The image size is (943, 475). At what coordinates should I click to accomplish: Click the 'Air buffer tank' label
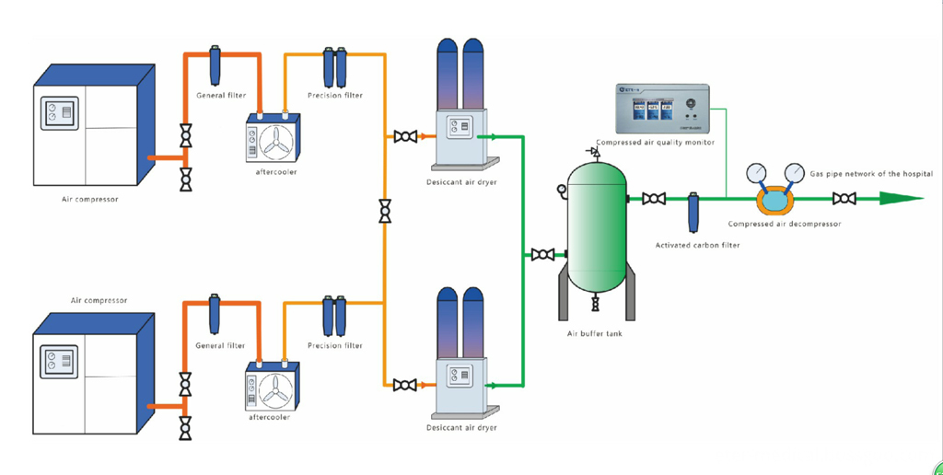pyautogui.click(x=594, y=333)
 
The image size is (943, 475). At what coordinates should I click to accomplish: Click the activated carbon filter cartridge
pyautogui.click(x=693, y=211)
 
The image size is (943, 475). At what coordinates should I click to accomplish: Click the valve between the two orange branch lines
pyautogui.click(x=383, y=212)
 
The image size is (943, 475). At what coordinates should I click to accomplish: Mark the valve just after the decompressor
pyautogui.click(x=844, y=198)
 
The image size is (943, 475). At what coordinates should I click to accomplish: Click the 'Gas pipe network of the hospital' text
pyautogui.click(x=871, y=174)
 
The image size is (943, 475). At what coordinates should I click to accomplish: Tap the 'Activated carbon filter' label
pyautogui.click(x=697, y=245)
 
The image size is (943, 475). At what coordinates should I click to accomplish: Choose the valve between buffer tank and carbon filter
pyautogui.click(x=654, y=198)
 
